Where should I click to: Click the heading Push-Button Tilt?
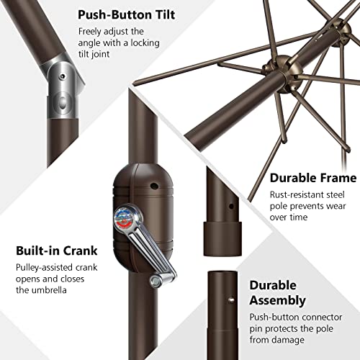[x=127, y=15]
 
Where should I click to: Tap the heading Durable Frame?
[x=313, y=178]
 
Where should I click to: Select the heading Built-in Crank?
[x=57, y=251]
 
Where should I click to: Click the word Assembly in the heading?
[x=277, y=300]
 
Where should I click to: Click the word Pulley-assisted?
[x=40, y=268]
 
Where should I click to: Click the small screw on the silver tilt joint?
[x=63, y=76]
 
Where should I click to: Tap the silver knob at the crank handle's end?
[x=156, y=282]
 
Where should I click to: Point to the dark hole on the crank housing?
[x=154, y=186]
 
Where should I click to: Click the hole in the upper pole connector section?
[x=231, y=206]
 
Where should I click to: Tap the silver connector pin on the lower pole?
[x=231, y=300]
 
